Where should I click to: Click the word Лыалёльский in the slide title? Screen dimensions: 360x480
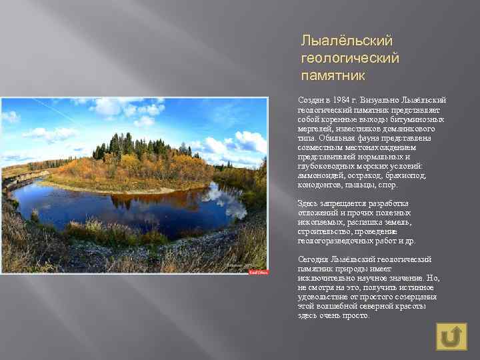pos(347,42)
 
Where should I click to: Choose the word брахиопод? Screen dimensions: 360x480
pos(405,175)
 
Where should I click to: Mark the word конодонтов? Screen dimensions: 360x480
pos(320,185)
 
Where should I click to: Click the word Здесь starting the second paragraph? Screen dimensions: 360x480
pos(309,203)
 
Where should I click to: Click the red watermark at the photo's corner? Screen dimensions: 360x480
pos(259,272)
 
